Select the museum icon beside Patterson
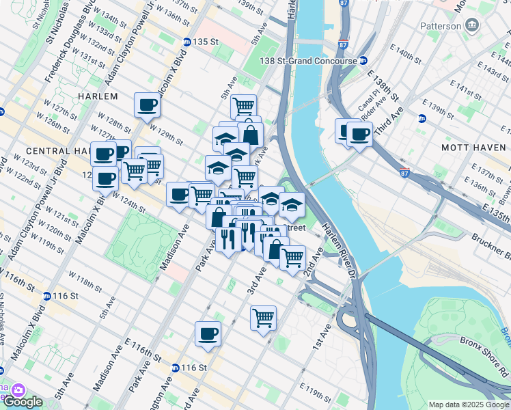(471, 26)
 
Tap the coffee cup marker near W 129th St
(148, 106)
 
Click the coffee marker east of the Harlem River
(359, 134)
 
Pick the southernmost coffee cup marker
(208, 335)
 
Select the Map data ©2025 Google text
(468, 405)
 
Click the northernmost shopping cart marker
(243, 107)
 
